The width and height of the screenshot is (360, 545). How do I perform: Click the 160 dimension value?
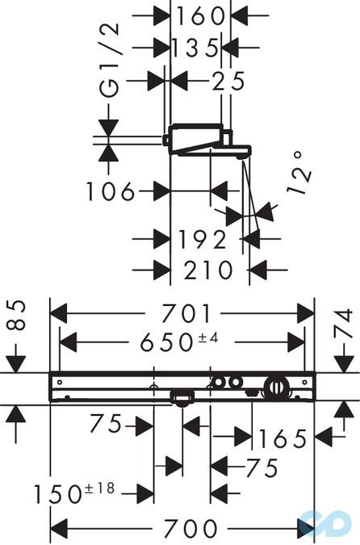[x=200, y=16]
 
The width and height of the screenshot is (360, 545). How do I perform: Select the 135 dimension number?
[x=195, y=48]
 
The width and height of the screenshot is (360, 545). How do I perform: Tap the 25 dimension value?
[x=228, y=81]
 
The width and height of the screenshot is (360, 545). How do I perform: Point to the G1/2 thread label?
[x=109, y=60]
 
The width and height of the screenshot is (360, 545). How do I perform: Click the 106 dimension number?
[x=110, y=191]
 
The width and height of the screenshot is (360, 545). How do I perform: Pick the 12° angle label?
[x=299, y=173]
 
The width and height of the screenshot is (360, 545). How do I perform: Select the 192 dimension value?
[x=202, y=239]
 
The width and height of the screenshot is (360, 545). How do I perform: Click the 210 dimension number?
[x=207, y=270]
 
